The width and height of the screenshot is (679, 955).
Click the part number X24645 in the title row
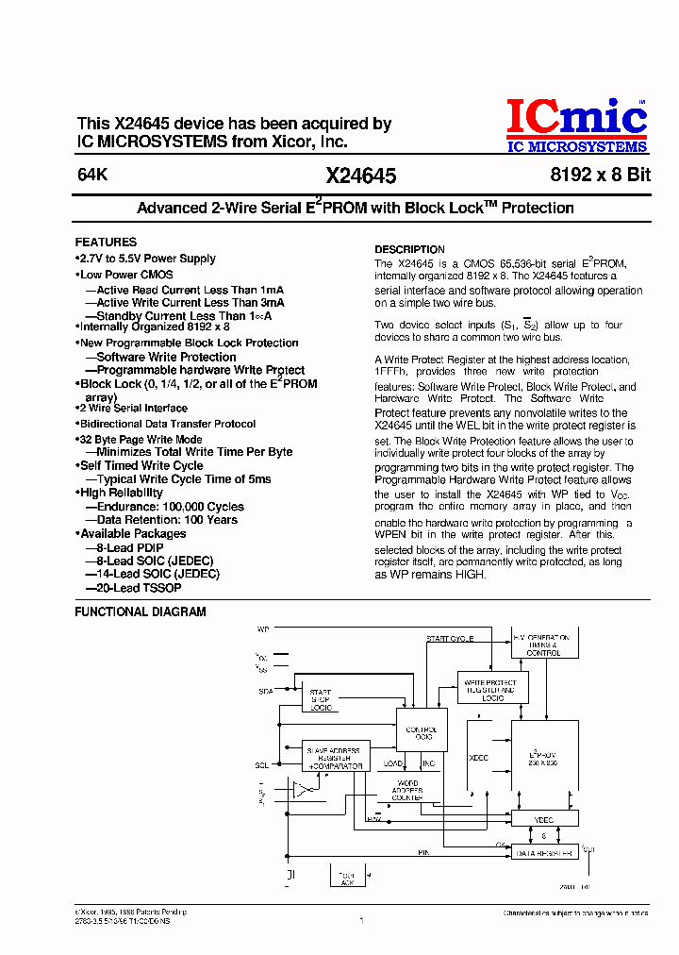tap(360, 176)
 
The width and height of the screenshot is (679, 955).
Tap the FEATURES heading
tap(106, 242)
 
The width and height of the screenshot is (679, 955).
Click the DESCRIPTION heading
tap(409, 249)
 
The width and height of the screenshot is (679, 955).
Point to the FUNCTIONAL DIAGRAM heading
tap(140, 612)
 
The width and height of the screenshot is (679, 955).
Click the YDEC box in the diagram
tap(543, 820)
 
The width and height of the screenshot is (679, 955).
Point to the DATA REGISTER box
tap(543, 853)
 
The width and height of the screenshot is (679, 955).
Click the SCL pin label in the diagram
tap(262, 764)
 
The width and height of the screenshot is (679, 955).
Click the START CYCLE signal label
tap(449, 639)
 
